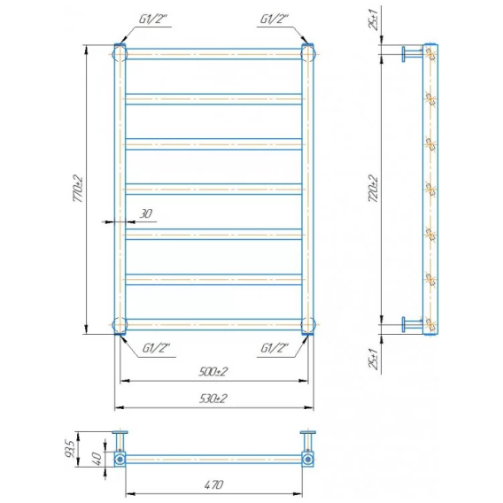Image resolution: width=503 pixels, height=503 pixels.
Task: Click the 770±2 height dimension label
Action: [x=78, y=189]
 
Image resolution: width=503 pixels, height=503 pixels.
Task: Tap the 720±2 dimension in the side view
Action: [x=374, y=189]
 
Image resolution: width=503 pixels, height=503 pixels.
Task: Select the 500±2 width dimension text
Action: [x=213, y=371]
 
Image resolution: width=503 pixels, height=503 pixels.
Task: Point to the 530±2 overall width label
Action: [x=213, y=399]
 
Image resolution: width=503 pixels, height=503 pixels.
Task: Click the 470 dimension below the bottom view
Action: [x=213, y=484]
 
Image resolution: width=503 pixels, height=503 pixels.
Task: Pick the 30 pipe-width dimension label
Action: [x=146, y=213]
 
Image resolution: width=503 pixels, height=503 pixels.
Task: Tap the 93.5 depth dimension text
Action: [x=70, y=449]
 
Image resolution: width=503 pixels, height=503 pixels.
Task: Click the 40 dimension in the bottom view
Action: [x=97, y=458]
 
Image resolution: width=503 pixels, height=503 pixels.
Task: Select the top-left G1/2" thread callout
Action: [x=153, y=19]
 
